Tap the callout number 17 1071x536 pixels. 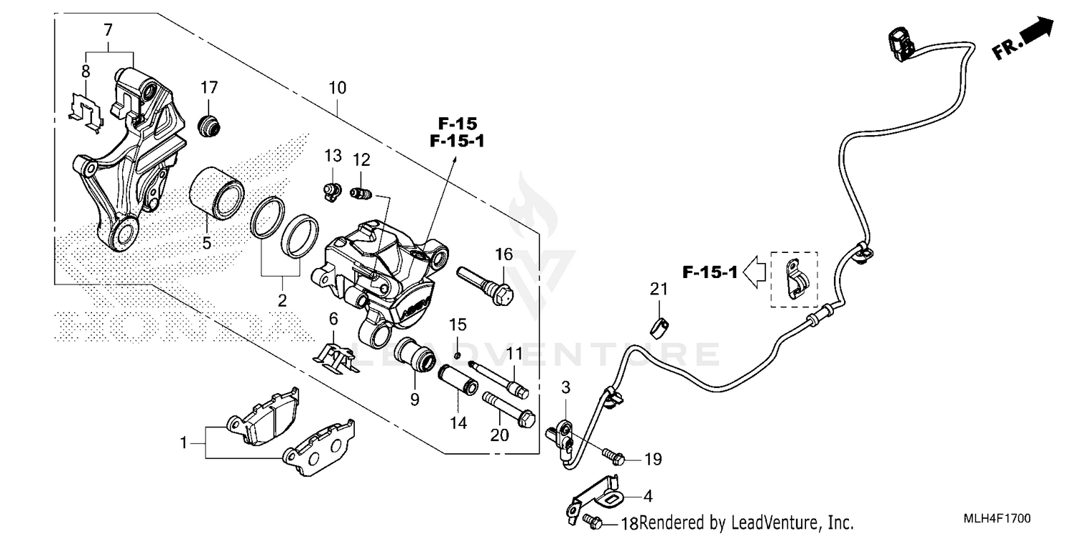point(208,88)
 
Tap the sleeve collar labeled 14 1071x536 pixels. point(457,381)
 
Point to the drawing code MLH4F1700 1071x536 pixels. point(1002,518)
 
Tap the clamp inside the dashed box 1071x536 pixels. point(795,278)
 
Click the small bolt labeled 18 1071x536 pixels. point(592,520)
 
